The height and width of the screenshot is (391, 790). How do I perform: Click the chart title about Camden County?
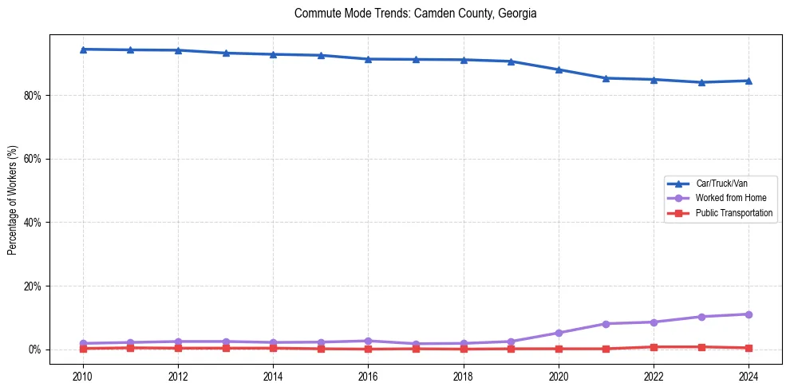[x=415, y=14]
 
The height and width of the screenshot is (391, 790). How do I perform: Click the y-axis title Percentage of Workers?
[x=12, y=199]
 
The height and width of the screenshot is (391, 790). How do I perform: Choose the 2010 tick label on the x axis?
[x=82, y=375]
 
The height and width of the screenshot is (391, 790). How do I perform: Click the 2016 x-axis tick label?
[x=368, y=375]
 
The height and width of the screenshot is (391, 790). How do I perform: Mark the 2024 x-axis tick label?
[x=749, y=375]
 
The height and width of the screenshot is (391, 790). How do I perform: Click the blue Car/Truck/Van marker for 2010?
[x=82, y=49]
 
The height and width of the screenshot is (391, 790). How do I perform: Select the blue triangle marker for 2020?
[x=559, y=69]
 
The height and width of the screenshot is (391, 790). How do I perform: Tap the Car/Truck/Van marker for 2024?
[x=749, y=81]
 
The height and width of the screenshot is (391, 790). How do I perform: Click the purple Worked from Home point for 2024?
[x=749, y=314]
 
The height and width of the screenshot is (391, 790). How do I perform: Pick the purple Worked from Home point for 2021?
[x=606, y=324]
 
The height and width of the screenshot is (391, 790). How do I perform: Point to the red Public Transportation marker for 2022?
[x=654, y=347]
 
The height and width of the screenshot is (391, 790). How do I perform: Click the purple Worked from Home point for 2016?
[x=368, y=341]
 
